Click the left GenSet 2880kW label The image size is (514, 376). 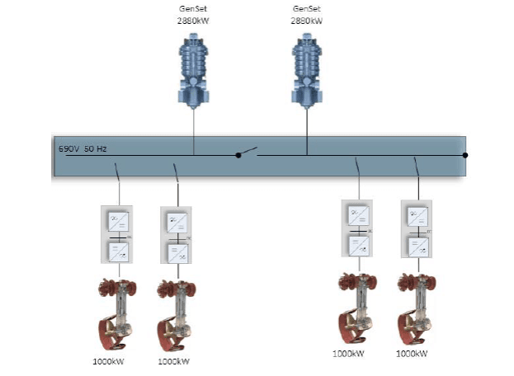[194, 14]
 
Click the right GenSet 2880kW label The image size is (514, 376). [307, 14]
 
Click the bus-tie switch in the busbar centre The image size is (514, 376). [248, 153]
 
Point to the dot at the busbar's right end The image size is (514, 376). [465, 155]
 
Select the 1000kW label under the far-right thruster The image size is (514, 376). [413, 354]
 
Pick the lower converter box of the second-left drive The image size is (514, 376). [176, 251]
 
